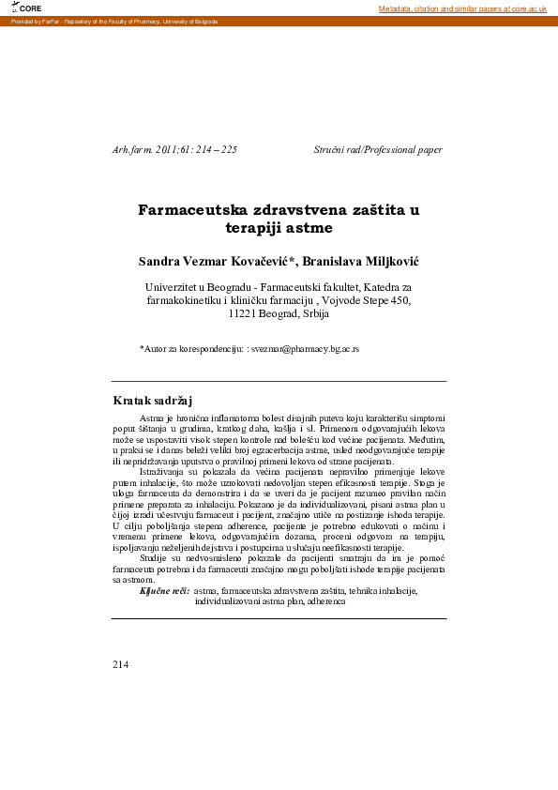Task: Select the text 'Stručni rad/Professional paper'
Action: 378,150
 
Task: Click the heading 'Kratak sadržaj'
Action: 152,402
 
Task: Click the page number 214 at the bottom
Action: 120,664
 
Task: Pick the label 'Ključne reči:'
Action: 164,591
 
